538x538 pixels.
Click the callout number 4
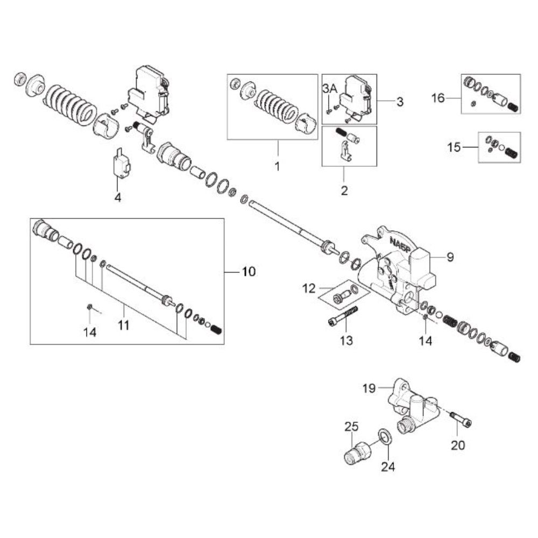(118, 197)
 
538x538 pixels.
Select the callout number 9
(450, 257)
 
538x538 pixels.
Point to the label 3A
(330, 89)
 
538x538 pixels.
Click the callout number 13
(346, 341)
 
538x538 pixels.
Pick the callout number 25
(351, 427)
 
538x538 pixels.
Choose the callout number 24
(388, 466)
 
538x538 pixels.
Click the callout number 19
(369, 388)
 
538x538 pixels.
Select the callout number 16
(438, 98)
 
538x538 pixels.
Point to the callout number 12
(308, 288)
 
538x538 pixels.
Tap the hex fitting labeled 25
(357, 452)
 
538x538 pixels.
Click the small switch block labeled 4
(121, 164)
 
